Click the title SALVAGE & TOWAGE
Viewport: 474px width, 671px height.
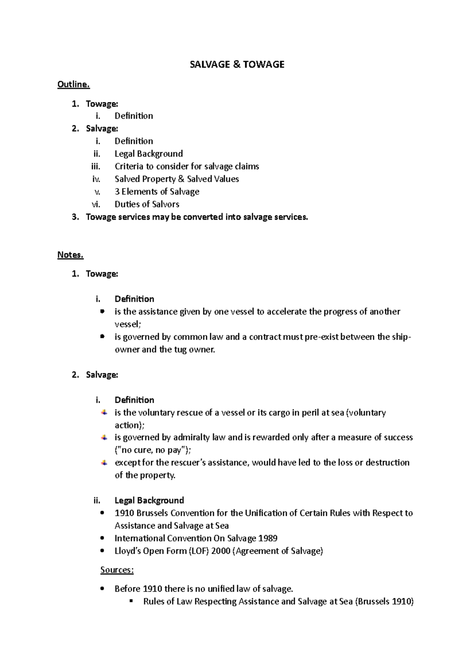click(237, 64)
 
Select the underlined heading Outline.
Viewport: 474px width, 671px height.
click(73, 84)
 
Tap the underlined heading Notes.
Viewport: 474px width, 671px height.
click(70, 255)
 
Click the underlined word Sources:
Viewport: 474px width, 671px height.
click(117, 570)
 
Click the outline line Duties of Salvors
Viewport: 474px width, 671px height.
click(147, 204)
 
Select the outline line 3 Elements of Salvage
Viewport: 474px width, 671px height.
click(157, 192)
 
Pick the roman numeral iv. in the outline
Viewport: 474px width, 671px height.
click(96, 179)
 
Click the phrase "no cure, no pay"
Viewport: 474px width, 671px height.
click(152, 450)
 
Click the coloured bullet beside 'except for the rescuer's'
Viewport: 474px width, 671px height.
click(104, 463)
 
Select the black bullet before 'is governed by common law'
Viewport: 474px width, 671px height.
click(102, 337)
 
